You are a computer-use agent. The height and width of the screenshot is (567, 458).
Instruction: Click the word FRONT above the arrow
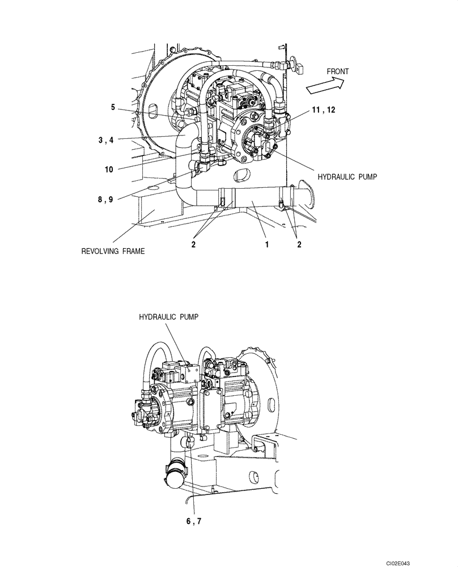click(x=338, y=71)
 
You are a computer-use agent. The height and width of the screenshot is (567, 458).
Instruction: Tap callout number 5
click(x=113, y=107)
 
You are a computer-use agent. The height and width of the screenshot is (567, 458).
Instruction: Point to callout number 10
click(x=110, y=169)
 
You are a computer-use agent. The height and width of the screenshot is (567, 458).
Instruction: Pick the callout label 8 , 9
click(x=105, y=199)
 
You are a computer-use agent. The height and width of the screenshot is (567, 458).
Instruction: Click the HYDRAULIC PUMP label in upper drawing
click(x=347, y=177)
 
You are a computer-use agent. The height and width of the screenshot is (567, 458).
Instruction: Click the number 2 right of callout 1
click(x=299, y=245)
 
